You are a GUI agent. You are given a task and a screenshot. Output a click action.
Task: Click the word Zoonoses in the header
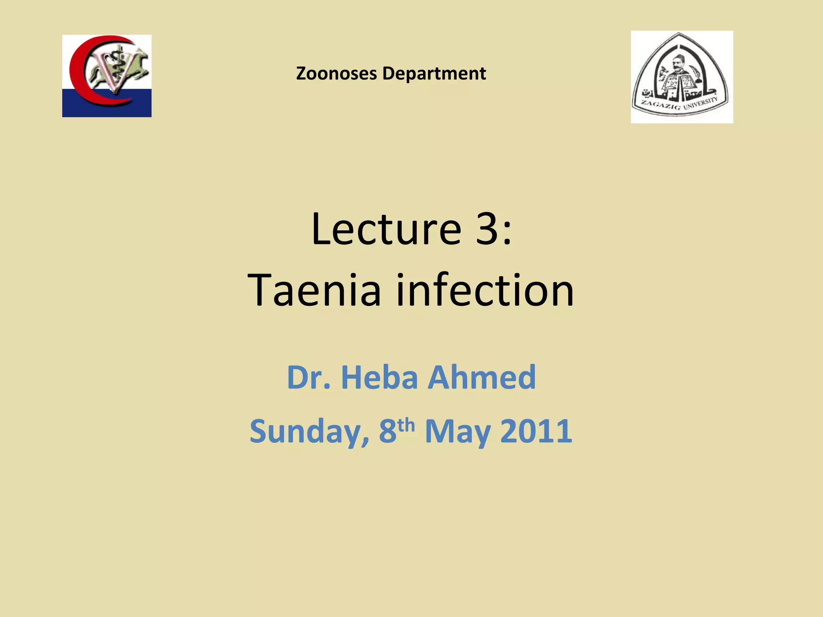pyautogui.click(x=337, y=74)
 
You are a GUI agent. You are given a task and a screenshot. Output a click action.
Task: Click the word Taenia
pyautogui.click(x=314, y=290)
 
